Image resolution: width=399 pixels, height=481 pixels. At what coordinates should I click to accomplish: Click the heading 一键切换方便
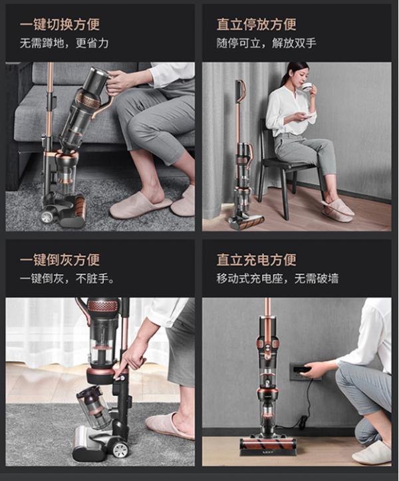coord(60,25)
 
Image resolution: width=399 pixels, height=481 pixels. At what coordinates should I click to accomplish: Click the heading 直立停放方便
coord(256,25)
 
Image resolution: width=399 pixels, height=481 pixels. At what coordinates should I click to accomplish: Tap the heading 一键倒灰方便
coord(60,259)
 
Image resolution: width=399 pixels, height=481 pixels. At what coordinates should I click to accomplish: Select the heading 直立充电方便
coord(256,259)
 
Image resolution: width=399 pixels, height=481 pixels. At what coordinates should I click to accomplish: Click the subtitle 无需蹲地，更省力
coord(64,44)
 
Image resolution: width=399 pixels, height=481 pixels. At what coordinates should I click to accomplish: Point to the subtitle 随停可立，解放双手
coord(266,44)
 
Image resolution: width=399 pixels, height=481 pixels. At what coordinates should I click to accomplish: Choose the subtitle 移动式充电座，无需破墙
coord(277,278)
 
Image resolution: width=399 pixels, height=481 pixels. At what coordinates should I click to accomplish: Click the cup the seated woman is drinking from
coord(307,86)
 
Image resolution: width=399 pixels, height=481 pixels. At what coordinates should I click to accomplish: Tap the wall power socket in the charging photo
coord(297,371)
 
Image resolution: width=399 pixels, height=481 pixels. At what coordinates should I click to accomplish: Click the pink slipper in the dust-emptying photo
coord(170,425)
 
